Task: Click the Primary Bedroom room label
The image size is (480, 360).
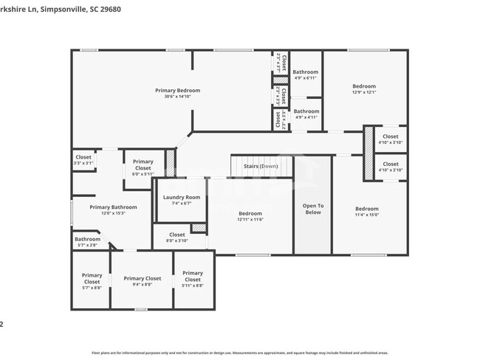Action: (x=177, y=91)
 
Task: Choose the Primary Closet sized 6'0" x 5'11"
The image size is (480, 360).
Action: (x=143, y=166)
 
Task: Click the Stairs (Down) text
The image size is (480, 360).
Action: (x=261, y=167)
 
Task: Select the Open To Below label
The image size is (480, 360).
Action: (x=313, y=209)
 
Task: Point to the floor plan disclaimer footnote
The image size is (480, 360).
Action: (x=239, y=353)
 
